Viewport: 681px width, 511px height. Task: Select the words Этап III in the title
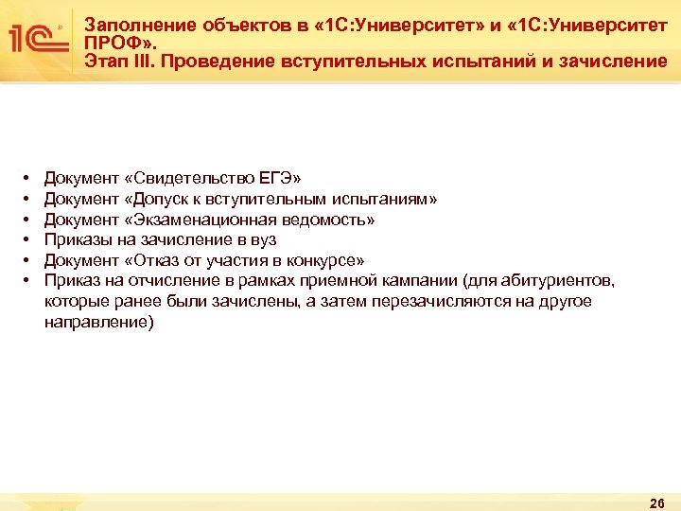point(116,62)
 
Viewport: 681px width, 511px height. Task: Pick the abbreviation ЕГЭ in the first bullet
point(279,178)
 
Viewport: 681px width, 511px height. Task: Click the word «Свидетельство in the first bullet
point(189,178)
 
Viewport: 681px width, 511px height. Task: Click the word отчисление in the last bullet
point(156,281)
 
